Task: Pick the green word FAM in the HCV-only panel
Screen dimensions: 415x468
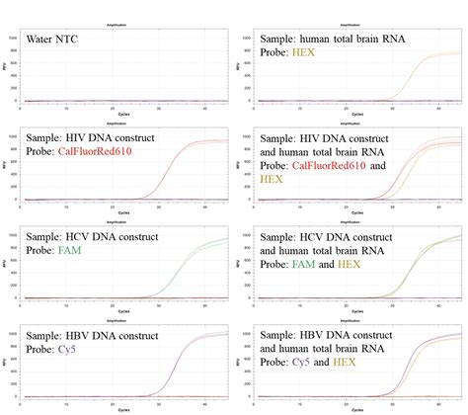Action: pos(71,251)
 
